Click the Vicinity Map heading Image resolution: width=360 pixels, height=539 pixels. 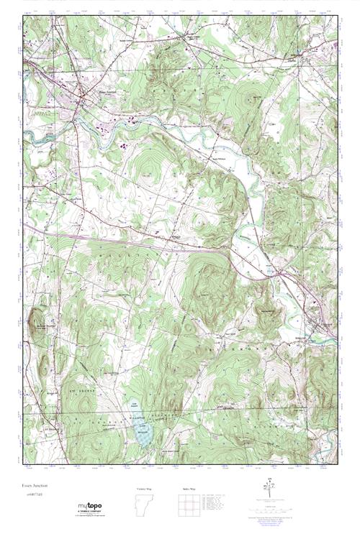tap(144, 489)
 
